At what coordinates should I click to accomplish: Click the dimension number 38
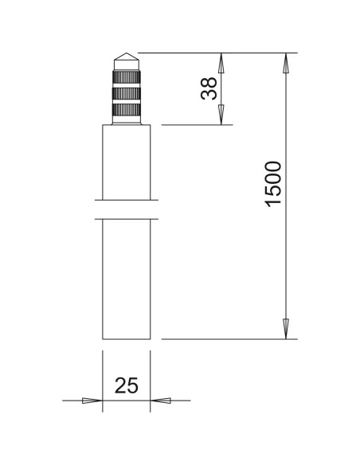pos(209,88)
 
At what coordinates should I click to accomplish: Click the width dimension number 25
pos(127,386)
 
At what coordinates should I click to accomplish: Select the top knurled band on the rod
pos(126,78)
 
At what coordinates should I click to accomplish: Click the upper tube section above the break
pos(126,159)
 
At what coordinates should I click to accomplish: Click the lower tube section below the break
pos(126,279)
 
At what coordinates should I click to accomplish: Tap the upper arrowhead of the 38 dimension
pos(221,63)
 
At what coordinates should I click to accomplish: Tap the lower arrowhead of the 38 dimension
pos(221,115)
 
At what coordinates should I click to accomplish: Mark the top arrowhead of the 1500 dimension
pos(286,63)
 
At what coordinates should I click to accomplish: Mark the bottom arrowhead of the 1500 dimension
pos(286,329)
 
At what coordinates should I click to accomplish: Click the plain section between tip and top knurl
pos(126,68)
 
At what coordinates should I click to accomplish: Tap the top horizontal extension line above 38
pos(215,53)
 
